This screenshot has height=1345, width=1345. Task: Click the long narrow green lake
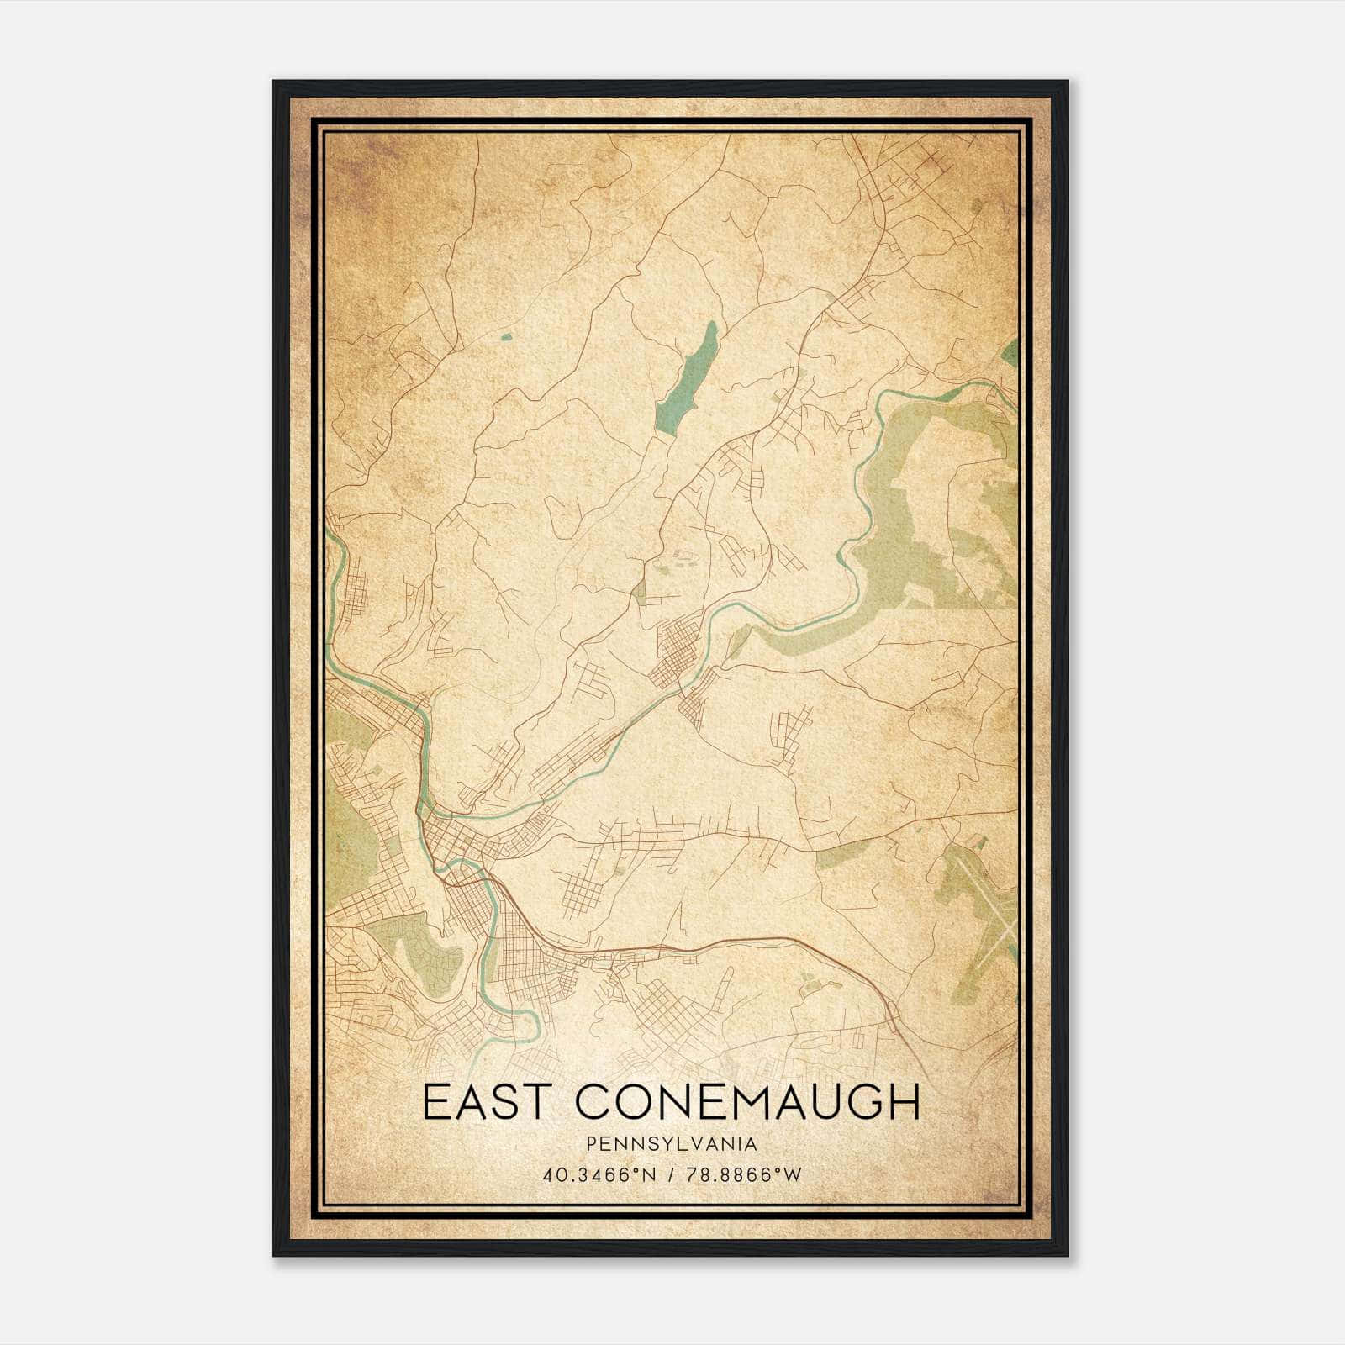[x=687, y=378]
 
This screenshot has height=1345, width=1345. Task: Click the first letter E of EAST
[x=435, y=1102]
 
